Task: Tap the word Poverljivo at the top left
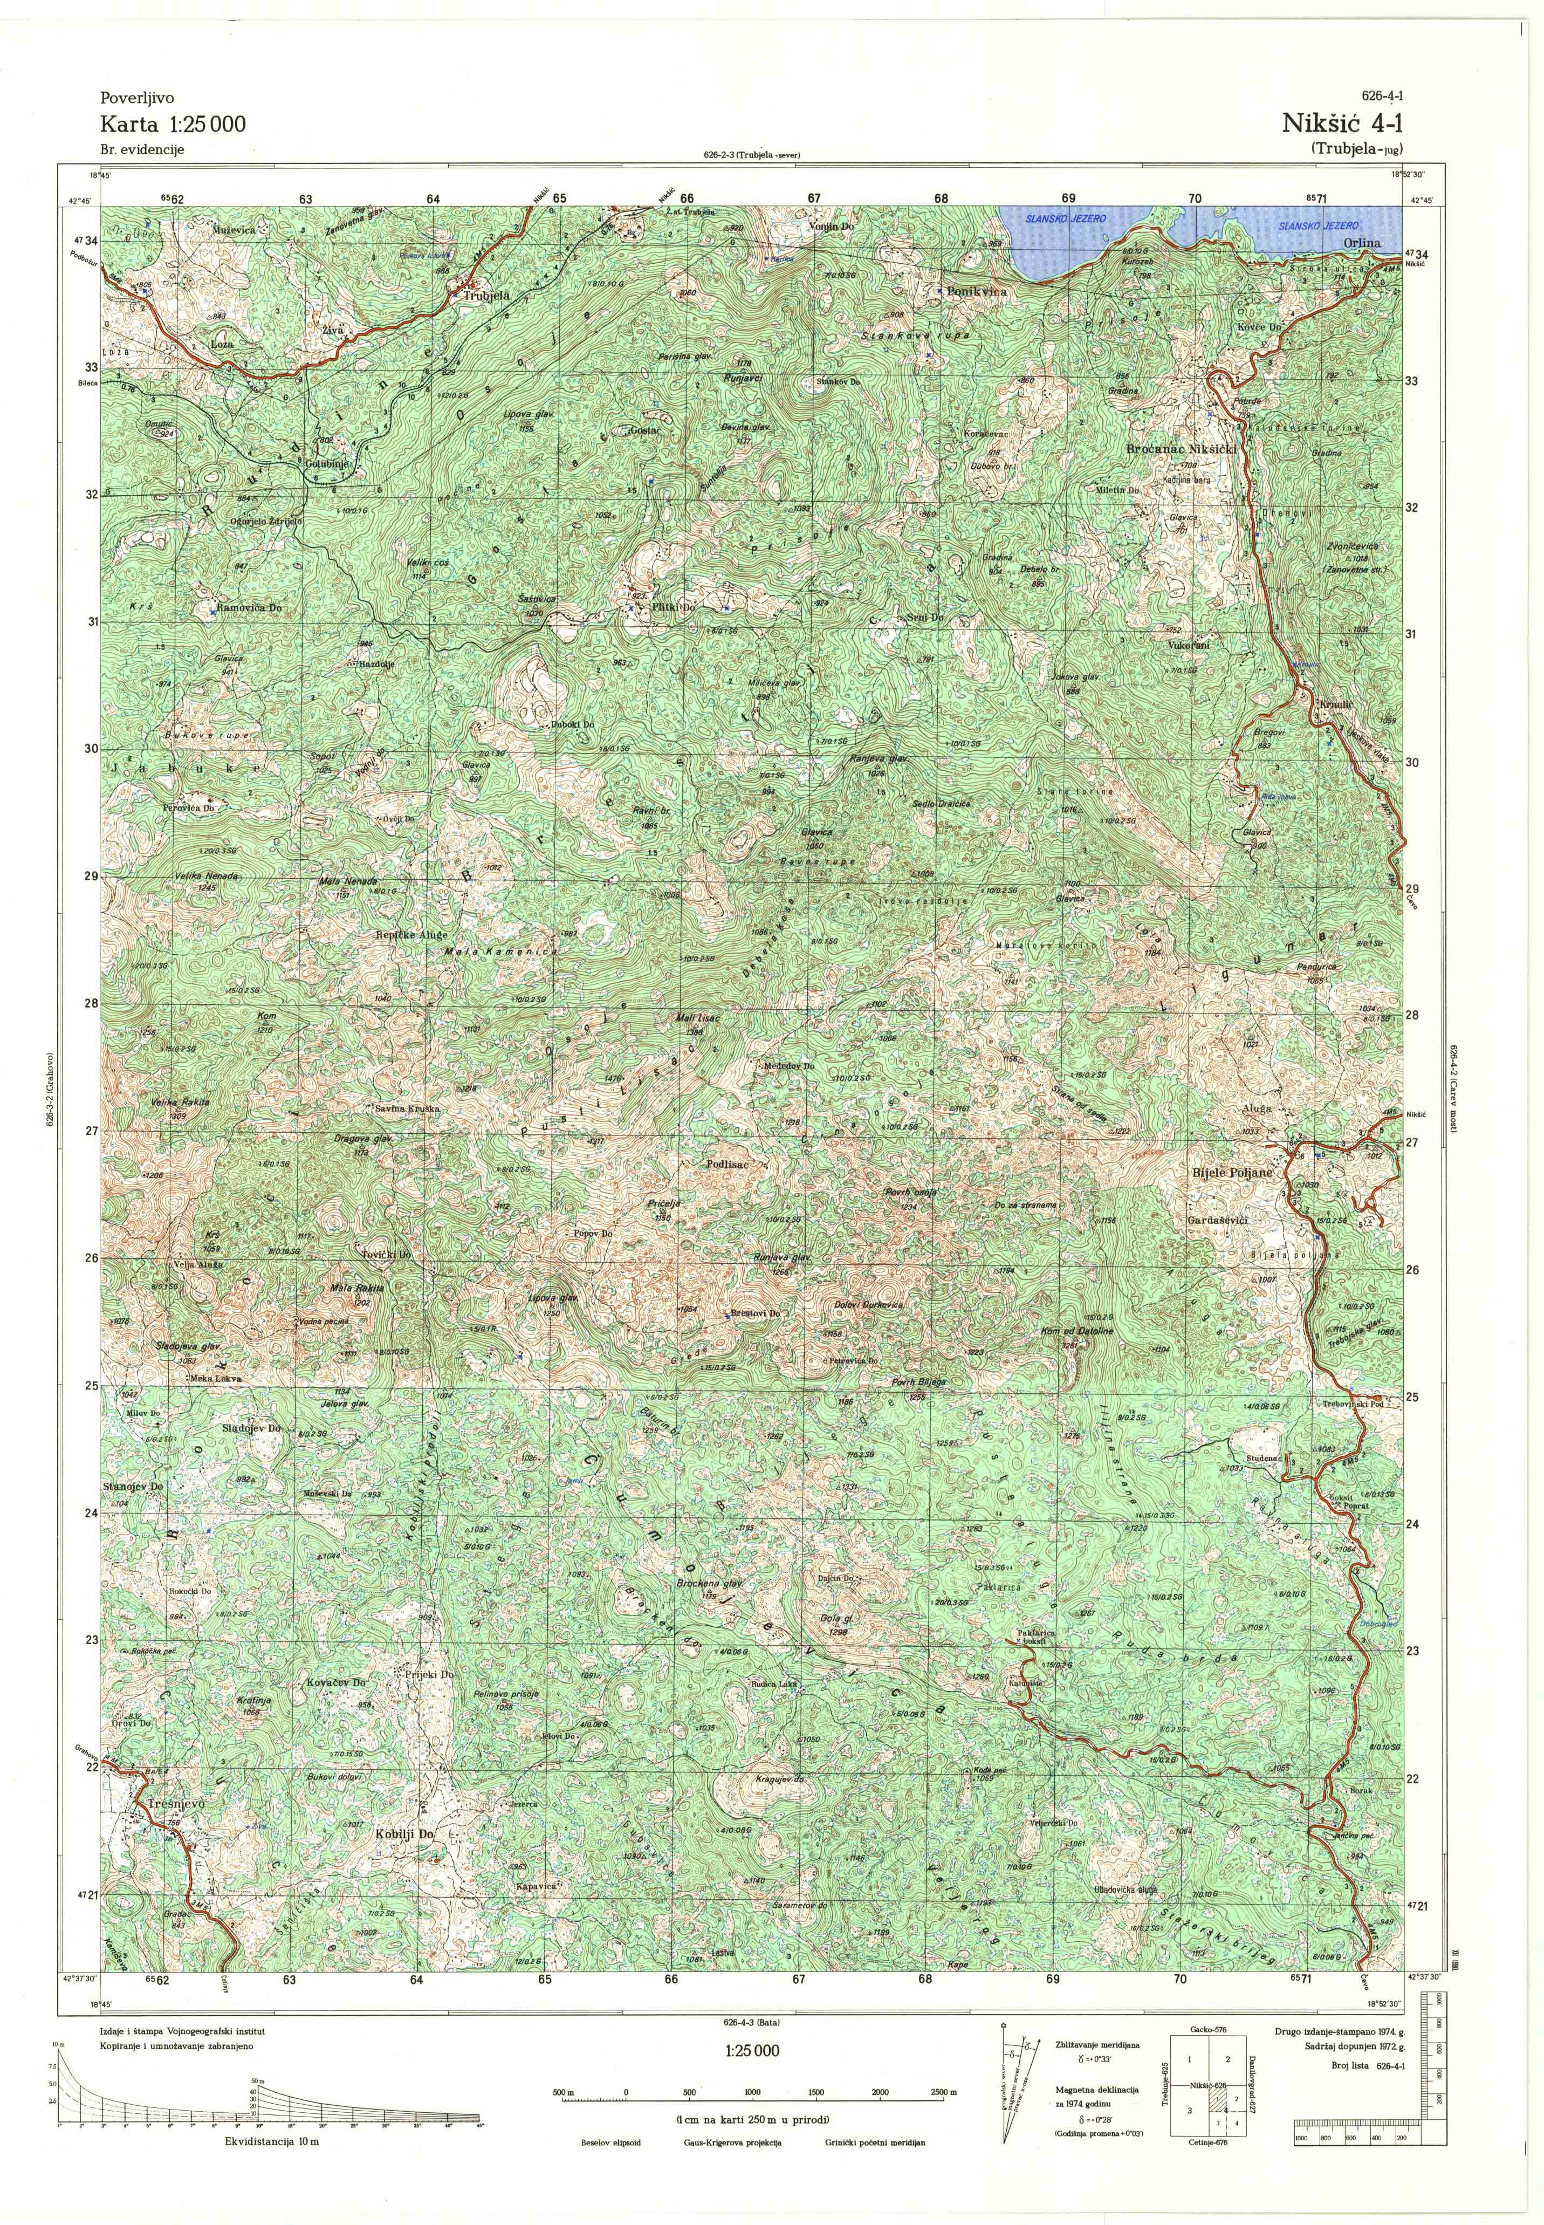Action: [136, 98]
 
